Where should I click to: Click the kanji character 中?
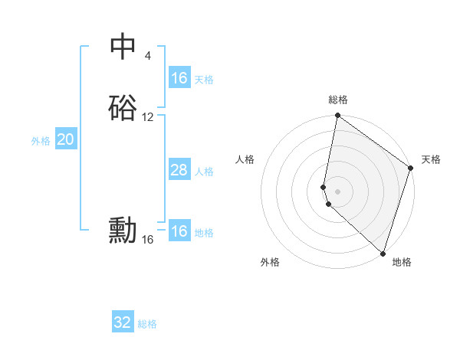(x=123, y=46)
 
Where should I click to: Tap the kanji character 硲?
(x=123, y=109)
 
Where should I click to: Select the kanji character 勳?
(x=123, y=231)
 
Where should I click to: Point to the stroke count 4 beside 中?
(x=147, y=55)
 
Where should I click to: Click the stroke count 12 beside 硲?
(x=148, y=117)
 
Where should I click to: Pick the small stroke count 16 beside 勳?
(x=148, y=240)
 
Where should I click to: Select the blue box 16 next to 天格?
(x=179, y=78)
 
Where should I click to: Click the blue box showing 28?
(x=179, y=170)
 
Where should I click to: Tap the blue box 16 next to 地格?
(x=179, y=231)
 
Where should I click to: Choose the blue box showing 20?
(x=66, y=139)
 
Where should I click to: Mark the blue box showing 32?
(x=123, y=322)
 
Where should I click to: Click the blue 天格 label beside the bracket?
(x=204, y=80)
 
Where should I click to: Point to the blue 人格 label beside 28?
(x=204, y=172)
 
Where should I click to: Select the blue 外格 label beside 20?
(x=41, y=141)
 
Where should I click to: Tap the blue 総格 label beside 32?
(x=147, y=324)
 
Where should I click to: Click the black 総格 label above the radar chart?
(x=338, y=100)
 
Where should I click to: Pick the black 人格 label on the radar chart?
(x=245, y=159)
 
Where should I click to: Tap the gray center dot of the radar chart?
(x=338, y=191)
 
